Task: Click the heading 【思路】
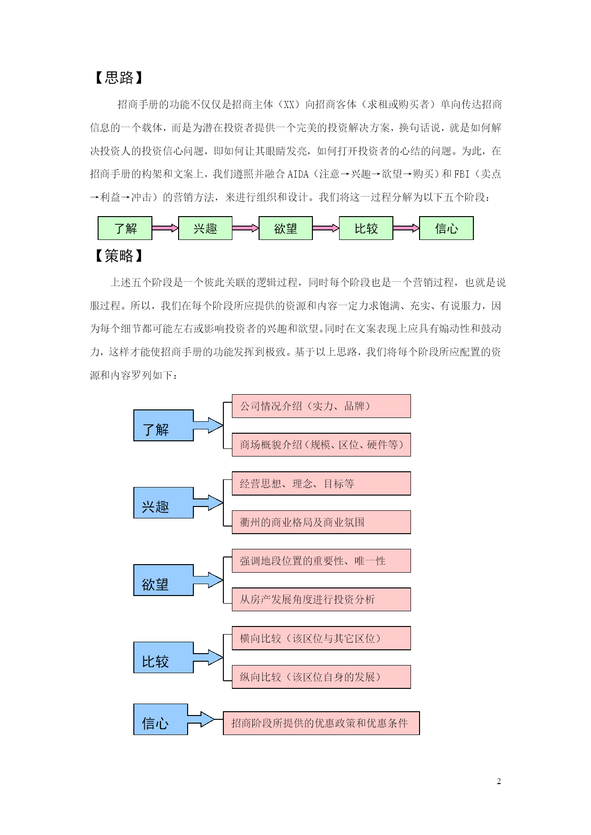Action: click(x=119, y=78)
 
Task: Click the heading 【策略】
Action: click(x=119, y=256)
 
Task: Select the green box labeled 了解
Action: click(x=125, y=228)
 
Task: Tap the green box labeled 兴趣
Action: click(x=205, y=228)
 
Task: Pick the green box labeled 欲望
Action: click(x=286, y=228)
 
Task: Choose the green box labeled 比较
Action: click(x=366, y=228)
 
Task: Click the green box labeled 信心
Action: click(x=446, y=228)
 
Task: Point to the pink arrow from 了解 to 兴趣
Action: click(x=165, y=229)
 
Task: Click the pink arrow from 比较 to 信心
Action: click(x=406, y=229)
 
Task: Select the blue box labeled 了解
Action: click(x=163, y=425)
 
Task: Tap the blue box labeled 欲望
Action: click(x=163, y=580)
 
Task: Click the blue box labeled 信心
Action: click(x=160, y=719)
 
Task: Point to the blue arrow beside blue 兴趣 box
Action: click(x=208, y=503)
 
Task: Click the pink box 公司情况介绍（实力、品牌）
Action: click(x=321, y=406)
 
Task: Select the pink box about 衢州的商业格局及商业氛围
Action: click(x=321, y=522)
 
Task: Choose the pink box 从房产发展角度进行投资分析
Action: click(x=321, y=599)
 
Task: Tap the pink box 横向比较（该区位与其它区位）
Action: click(x=321, y=638)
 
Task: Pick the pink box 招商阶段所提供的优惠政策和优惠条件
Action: click(x=321, y=723)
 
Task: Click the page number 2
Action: click(x=499, y=781)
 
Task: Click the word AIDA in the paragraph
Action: click(x=298, y=174)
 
